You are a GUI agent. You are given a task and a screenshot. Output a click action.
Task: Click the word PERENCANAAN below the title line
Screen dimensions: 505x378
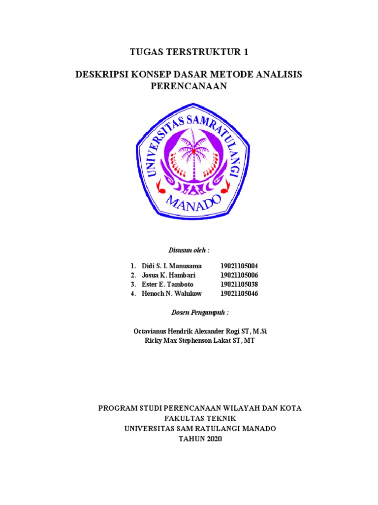(188, 86)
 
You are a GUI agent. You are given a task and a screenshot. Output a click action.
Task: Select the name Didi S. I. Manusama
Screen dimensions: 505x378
(171, 266)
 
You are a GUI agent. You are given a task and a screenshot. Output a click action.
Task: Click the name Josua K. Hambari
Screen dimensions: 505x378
(168, 275)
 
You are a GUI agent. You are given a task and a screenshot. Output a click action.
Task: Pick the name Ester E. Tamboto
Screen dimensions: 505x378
(167, 285)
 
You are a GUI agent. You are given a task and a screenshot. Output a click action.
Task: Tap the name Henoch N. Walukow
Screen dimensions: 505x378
(171, 294)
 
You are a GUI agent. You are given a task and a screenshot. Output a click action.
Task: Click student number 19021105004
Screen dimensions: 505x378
(239, 266)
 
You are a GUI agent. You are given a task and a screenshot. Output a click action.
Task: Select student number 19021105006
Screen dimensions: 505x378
(239, 275)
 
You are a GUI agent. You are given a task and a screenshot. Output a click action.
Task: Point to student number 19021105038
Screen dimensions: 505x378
(239, 285)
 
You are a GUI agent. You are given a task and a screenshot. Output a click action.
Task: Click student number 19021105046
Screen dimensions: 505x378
(239, 294)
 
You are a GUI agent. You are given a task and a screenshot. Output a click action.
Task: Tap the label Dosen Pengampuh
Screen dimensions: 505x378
(200, 313)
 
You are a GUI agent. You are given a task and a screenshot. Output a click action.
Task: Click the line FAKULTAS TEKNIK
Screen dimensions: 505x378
(200, 418)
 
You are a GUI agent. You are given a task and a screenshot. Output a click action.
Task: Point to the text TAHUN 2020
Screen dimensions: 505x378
(200, 438)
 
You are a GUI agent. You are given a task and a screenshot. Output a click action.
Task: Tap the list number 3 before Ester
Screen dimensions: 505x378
(133, 285)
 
